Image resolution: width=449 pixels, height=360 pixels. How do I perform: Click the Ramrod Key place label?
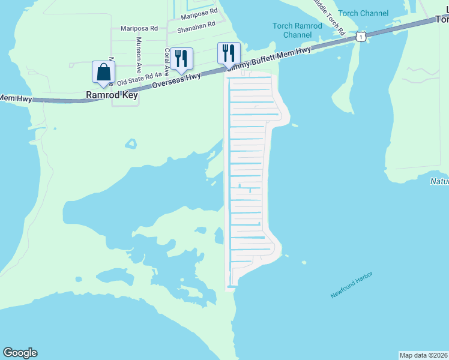point(112,95)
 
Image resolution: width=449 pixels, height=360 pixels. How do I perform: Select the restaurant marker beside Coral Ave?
point(181,59)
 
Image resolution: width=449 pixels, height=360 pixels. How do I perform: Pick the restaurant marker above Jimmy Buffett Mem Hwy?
point(229,53)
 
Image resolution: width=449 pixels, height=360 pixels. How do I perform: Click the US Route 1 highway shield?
point(360,37)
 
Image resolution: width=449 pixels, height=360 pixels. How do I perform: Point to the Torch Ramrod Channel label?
point(297,31)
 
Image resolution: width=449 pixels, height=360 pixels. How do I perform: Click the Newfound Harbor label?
point(352,284)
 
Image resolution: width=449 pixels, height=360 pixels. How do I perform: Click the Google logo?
point(20,353)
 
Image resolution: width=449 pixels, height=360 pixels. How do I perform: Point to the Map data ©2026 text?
point(423,355)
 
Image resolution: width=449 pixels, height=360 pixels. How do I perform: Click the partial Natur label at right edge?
point(439,181)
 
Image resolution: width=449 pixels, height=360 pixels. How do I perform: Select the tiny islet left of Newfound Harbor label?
point(304,262)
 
